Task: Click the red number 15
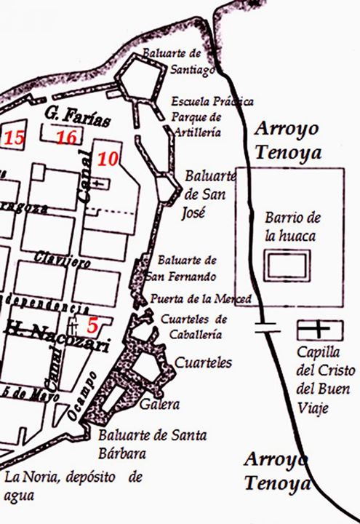click(14, 138)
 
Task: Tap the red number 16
click(66, 138)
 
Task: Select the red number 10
click(108, 158)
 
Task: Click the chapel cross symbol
click(319, 330)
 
